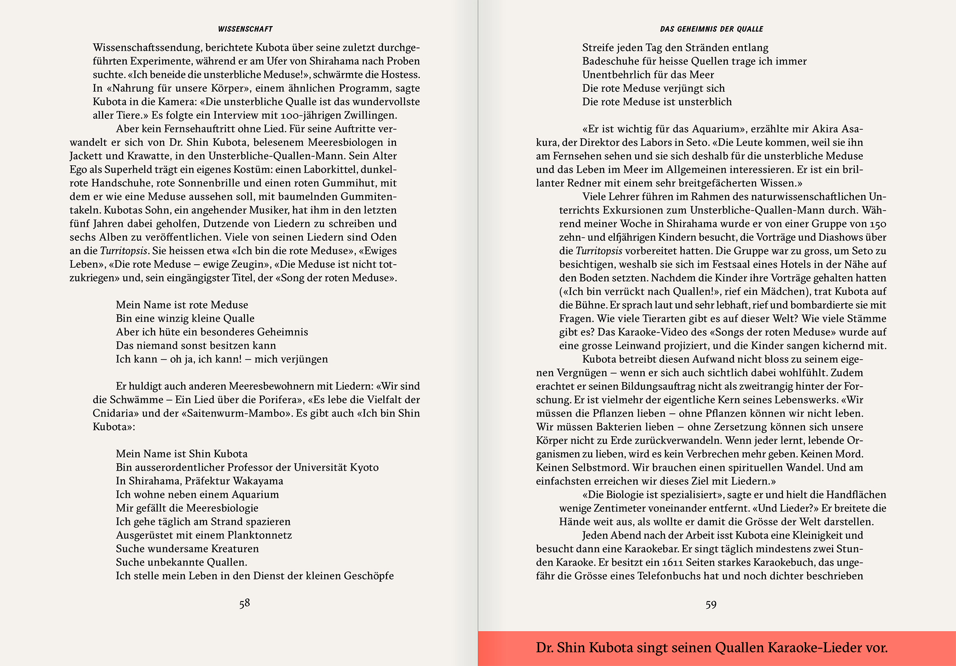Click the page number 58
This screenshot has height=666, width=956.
(244, 603)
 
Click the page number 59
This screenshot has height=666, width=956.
(711, 605)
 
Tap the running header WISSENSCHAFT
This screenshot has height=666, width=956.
(245, 29)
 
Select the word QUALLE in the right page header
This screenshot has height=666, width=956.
(750, 29)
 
